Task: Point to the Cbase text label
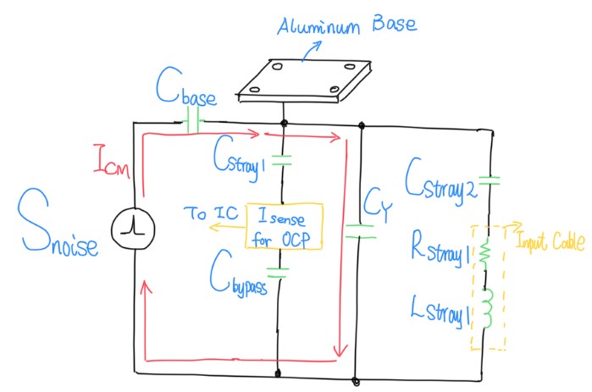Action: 186,86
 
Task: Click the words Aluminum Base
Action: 347,25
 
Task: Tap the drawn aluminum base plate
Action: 303,80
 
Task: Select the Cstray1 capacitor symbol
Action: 282,160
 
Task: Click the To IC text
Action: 212,213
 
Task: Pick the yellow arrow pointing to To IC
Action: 227,227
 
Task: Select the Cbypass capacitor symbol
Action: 279,273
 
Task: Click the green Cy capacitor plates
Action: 360,231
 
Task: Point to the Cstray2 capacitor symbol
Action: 489,180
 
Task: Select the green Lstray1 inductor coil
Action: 487,308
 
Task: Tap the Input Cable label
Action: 551,241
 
